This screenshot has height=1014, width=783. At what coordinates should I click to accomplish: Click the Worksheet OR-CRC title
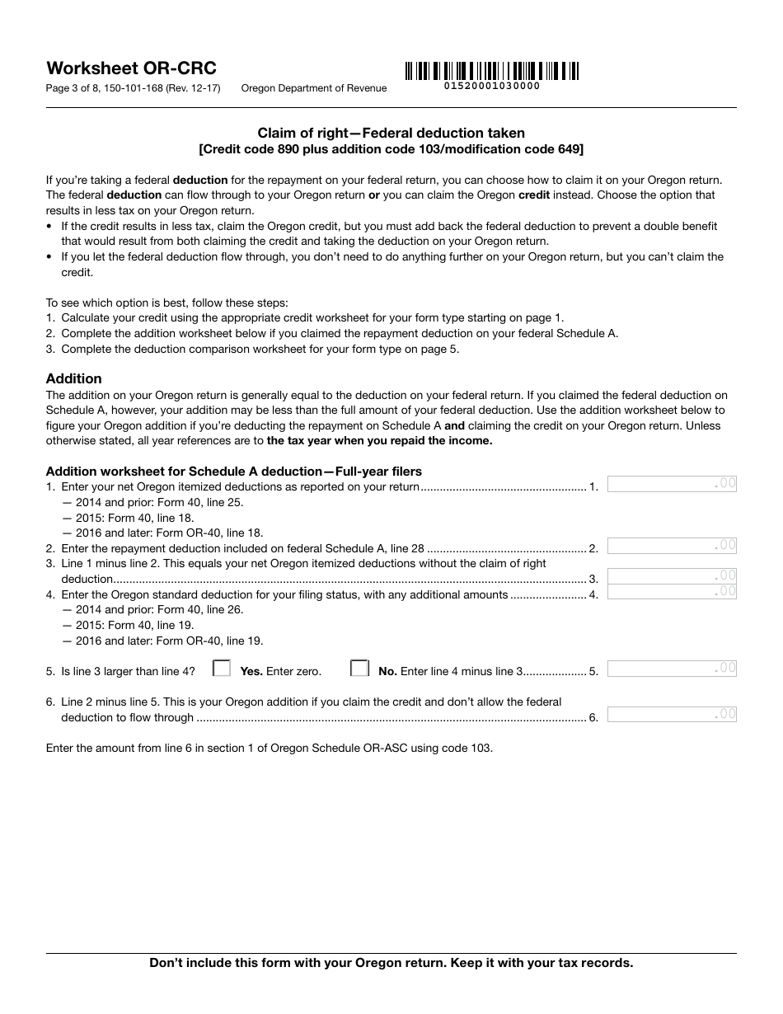pos(131,68)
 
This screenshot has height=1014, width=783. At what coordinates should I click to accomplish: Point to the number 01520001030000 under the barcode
pos(492,86)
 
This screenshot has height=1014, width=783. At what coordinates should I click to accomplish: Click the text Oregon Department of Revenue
pos(313,88)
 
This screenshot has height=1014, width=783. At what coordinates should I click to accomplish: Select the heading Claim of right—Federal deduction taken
pos(391,133)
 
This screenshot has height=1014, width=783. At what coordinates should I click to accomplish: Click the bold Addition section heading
pos(74,378)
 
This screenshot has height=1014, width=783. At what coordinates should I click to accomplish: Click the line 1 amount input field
pos(672,484)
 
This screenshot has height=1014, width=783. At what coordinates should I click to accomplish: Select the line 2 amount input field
pos(672,545)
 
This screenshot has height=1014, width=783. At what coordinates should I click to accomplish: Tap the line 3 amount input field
pos(672,575)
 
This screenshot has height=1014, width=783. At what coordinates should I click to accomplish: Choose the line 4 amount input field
pos(672,591)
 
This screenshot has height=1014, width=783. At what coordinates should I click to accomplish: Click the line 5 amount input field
pos(672,668)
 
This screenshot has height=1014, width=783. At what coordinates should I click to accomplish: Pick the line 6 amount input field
pos(672,714)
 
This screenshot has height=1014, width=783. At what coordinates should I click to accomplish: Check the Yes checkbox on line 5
pos(221,669)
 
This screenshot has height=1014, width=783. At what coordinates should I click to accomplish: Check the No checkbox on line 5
pos(359,669)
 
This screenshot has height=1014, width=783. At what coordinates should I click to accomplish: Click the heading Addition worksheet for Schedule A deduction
pos(233,472)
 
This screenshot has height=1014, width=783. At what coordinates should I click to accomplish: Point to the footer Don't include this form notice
pos(391,963)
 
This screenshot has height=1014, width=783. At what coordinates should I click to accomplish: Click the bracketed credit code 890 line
pos(391,149)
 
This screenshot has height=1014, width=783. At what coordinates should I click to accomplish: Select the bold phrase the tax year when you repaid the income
pos(379,440)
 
